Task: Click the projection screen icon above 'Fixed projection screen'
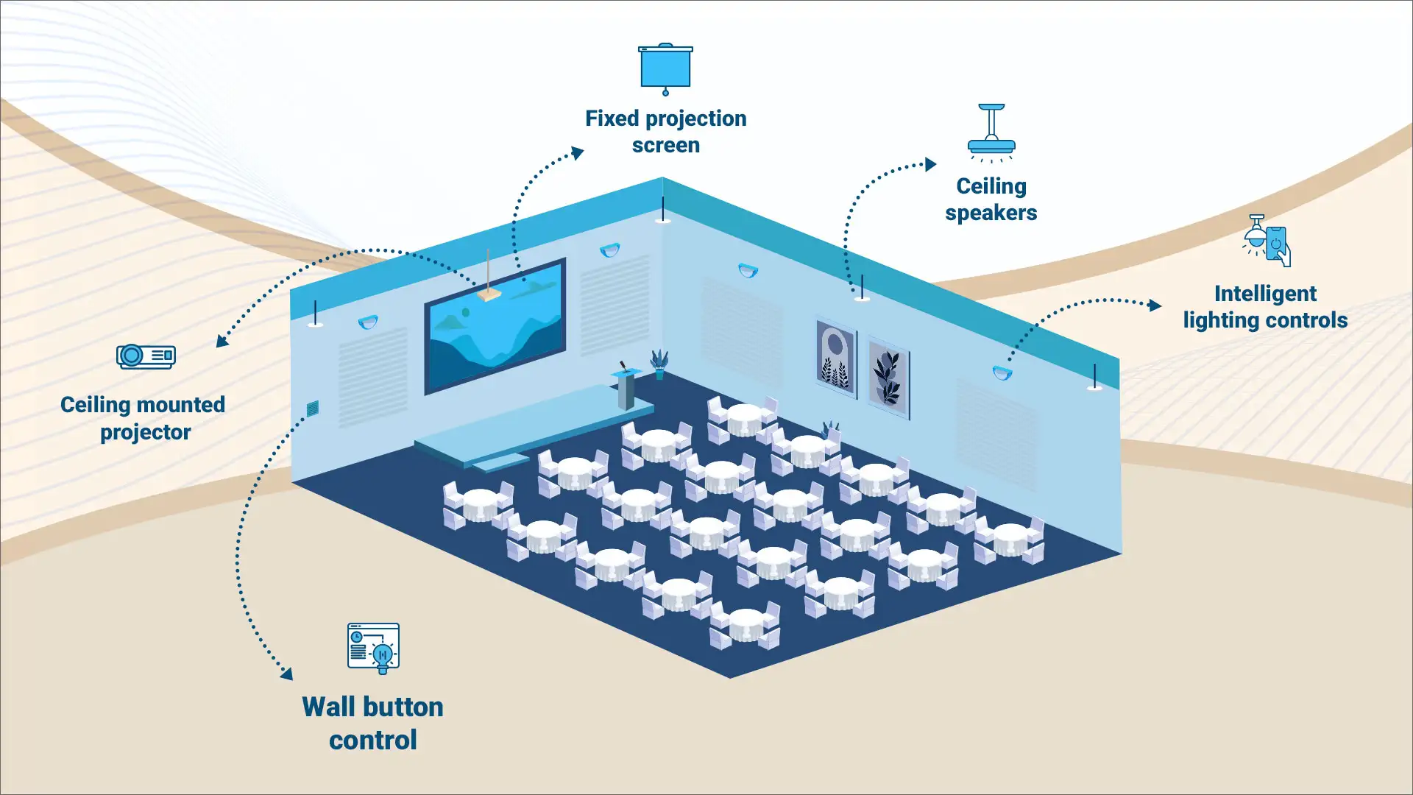665,68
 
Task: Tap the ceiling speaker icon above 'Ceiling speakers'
991,133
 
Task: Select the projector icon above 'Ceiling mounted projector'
146,356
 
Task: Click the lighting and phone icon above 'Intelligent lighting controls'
1267,241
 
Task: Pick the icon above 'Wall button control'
373,648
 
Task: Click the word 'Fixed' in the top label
612,119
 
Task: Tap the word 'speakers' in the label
991,213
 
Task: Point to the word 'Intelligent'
1265,294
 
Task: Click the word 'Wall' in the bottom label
329,707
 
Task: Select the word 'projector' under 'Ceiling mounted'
145,432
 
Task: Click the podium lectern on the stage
626,389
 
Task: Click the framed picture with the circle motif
836,358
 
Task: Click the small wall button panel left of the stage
313,409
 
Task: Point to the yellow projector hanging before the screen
489,294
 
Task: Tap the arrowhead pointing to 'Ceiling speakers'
931,164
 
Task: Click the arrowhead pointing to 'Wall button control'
287,674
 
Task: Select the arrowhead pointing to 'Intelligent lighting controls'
1155,305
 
